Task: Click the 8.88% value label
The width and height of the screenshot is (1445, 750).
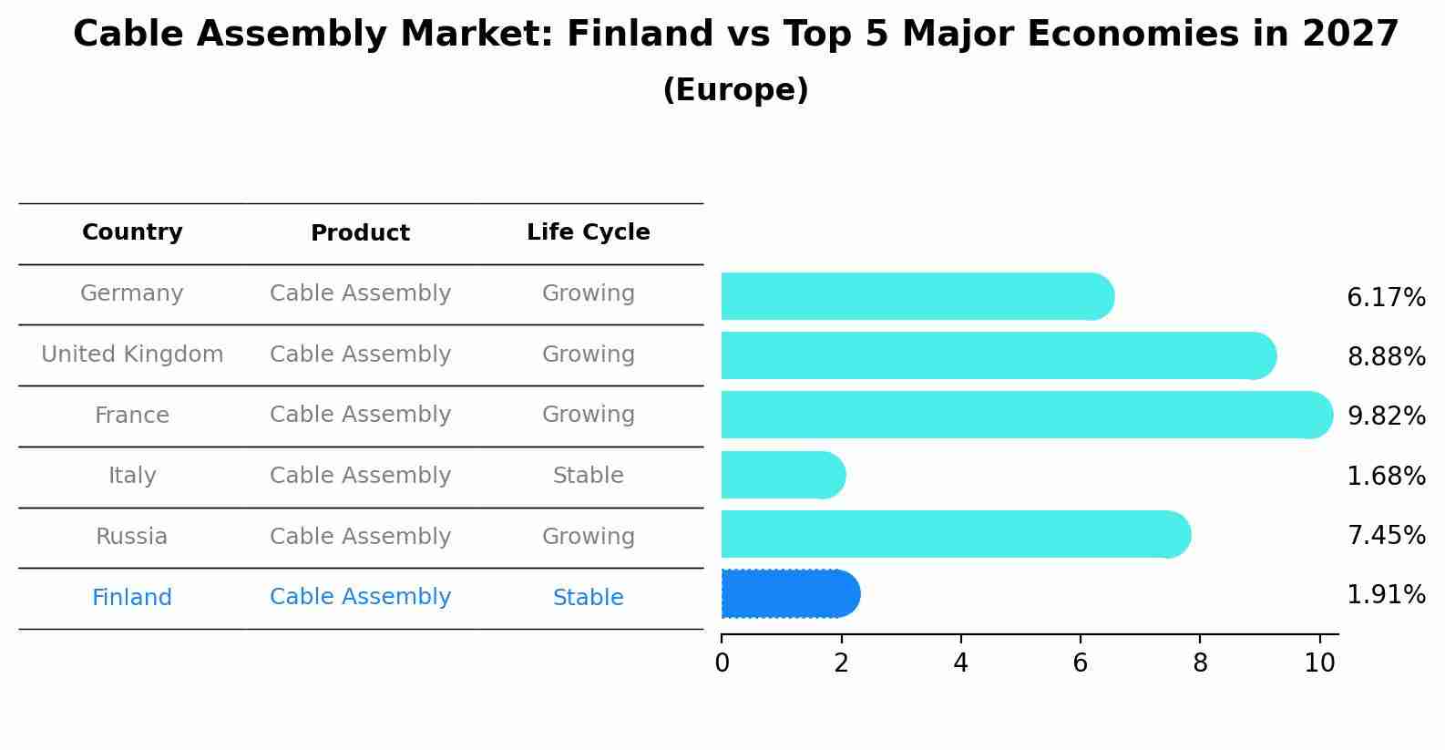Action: [x=1386, y=357]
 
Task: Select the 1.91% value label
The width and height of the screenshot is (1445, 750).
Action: [x=1386, y=595]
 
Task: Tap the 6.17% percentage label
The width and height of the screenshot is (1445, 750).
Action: [x=1386, y=298]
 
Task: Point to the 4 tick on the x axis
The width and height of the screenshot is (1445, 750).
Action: [x=960, y=663]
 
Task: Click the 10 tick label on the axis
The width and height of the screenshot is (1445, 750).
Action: [x=1319, y=663]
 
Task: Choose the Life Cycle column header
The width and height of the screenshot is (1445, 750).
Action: [x=589, y=232]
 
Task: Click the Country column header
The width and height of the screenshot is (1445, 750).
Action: [x=132, y=232]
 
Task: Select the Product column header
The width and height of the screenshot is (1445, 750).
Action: [x=360, y=233]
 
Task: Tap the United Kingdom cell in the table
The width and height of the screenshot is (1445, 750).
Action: [x=132, y=354]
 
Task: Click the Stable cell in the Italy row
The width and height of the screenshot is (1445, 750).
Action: [x=589, y=476]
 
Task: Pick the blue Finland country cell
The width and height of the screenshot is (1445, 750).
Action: [x=132, y=598]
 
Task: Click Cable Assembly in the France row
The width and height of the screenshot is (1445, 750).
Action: [x=360, y=415]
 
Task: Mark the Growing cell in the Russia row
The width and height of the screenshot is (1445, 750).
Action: [x=589, y=537]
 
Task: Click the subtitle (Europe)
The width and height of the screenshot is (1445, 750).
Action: [x=735, y=90]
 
